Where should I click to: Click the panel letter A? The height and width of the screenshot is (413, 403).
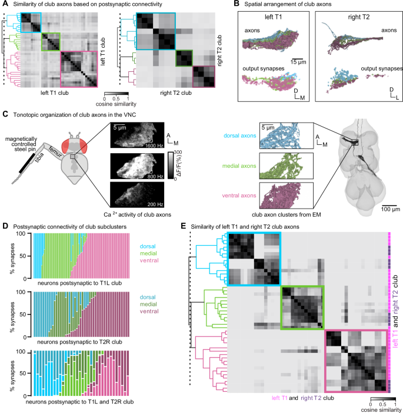4,5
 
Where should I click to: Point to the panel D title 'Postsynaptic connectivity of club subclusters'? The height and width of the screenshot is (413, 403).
72,224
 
